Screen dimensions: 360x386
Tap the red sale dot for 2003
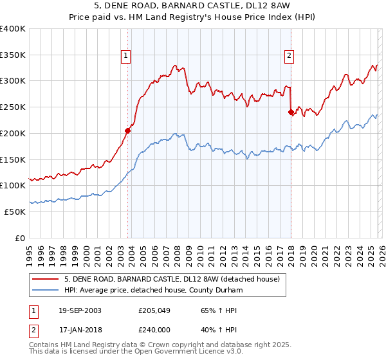[x=128, y=130]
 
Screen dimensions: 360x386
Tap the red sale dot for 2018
[x=291, y=112]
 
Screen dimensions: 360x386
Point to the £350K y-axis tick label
[x=13, y=55]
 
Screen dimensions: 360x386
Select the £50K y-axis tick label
[x=15, y=212]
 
